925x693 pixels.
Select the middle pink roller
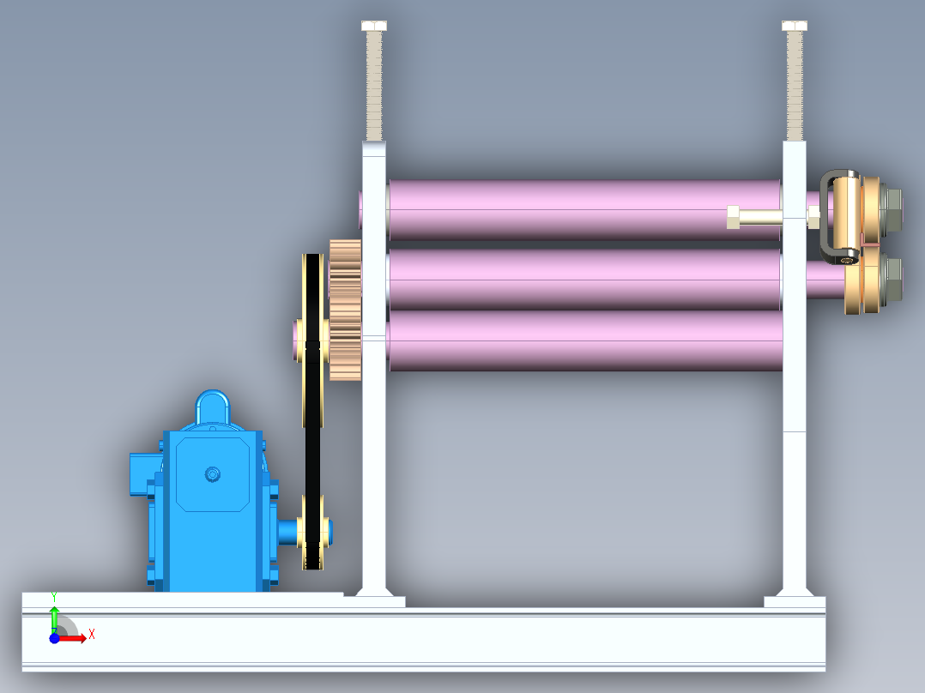pyautogui.click(x=584, y=279)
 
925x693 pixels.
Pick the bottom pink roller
pyautogui.click(x=584, y=340)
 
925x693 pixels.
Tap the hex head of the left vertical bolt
pyautogui.click(x=374, y=26)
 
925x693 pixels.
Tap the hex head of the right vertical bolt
pyautogui.click(x=795, y=26)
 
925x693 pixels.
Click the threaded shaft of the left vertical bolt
pyautogui.click(x=374, y=86)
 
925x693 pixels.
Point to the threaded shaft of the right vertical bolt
pyautogui.click(x=795, y=86)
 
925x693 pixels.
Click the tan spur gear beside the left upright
pyautogui.click(x=345, y=310)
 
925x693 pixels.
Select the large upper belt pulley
pyautogui.click(x=312, y=340)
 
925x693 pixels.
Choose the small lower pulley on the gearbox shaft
pyautogui.click(x=312, y=532)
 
